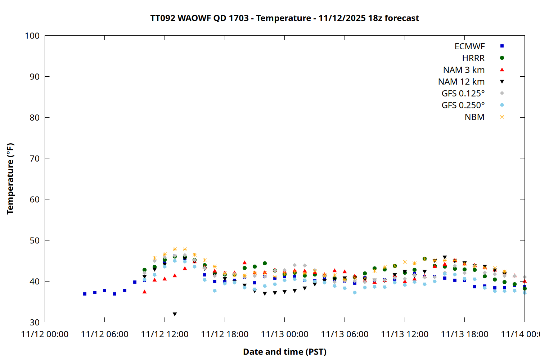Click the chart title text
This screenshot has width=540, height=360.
[284, 18]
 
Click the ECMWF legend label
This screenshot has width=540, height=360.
[469, 46]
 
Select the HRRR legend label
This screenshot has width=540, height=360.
[473, 58]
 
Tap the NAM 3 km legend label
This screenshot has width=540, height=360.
[464, 70]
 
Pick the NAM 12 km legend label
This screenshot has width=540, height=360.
[461, 82]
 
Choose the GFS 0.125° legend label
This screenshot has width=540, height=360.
[463, 94]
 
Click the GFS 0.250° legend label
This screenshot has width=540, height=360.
[463, 105]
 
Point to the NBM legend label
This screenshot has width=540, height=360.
[474, 117]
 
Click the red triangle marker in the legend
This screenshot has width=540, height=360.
[502, 69]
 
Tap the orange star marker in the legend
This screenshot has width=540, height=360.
[502, 117]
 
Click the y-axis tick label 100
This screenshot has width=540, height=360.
[32, 36]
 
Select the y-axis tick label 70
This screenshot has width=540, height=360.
[35, 158]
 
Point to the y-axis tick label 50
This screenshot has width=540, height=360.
[35, 240]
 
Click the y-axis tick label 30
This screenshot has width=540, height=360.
[35, 322]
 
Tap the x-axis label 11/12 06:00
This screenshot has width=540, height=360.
[104, 334]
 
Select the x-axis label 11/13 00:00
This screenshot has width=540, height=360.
[284, 334]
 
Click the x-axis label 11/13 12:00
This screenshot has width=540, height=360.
[405, 334]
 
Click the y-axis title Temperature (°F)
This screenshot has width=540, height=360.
[10, 179]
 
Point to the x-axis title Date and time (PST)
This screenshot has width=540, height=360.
[284, 352]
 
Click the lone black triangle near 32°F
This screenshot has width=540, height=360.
[175, 314]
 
